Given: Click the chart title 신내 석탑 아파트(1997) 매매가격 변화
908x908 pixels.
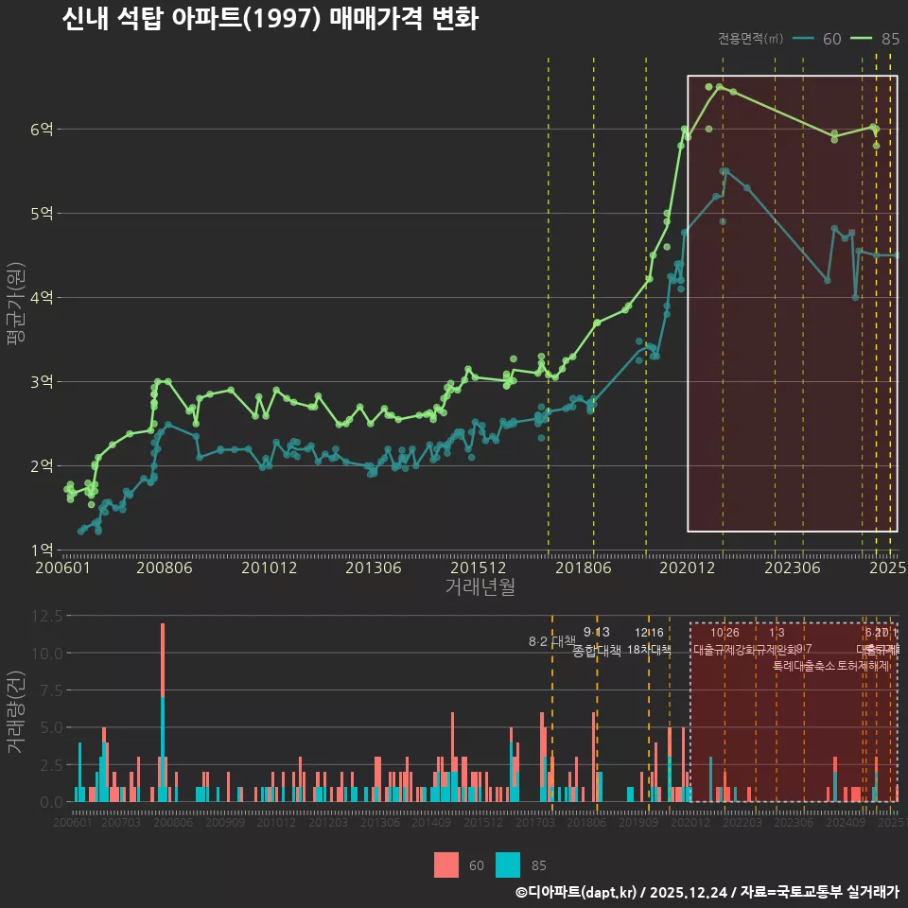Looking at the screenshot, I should coord(270,20).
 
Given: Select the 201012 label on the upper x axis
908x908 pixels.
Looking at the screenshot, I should coord(269,568).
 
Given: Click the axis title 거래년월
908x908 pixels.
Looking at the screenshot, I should coord(480,587).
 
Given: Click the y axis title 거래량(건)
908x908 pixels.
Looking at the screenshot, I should coord(16,712).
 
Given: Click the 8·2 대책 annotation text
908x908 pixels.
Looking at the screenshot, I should coord(546,642).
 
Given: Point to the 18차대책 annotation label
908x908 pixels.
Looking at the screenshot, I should coord(649,650).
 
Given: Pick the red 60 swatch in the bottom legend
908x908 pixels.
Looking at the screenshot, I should coord(446,864).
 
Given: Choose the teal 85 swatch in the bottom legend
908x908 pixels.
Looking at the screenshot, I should coord(508,864).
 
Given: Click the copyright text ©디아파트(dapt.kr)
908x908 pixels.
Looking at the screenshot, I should coord(575,892).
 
